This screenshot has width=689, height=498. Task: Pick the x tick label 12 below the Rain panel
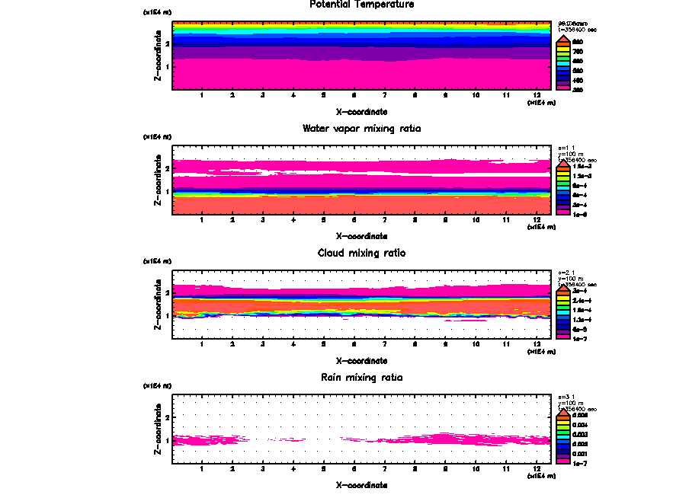click(x=537, y=468)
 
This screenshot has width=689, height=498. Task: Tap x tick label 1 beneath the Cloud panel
click(x=201, y=344)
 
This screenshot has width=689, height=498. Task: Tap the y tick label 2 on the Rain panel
click(x=167, y=418)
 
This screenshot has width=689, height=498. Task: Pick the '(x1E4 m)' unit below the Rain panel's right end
click(x=539, y=476)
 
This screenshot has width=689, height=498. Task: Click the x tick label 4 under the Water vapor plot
click(x=293, y=220)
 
